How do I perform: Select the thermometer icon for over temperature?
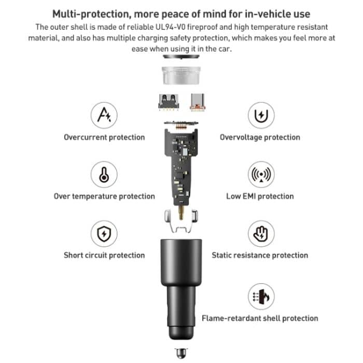(104, 175)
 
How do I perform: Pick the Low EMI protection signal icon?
(260, 175)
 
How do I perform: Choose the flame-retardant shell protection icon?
(260, 296)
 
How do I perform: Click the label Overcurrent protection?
(104, 137)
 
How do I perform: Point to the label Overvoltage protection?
(260, 137)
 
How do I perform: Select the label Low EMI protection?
(260, 197)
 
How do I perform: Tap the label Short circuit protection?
(104, 255)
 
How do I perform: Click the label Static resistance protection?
(260, 255)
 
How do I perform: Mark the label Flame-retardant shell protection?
(260, 318)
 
